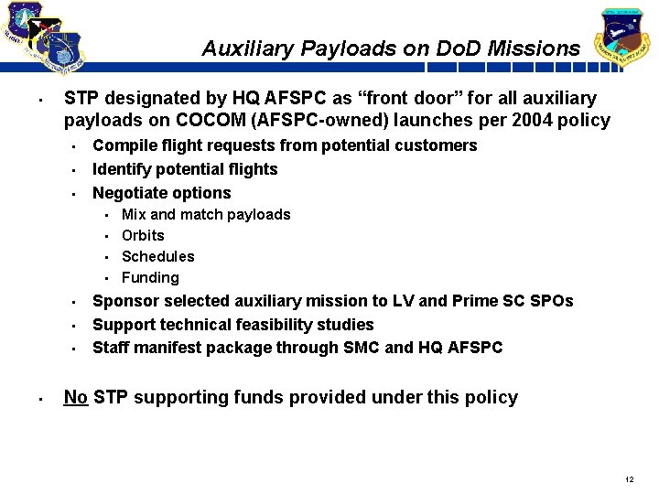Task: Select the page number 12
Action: pyautogui.click(x=629, y=479)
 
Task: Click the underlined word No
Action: pyautogui.click(x=75, y=397)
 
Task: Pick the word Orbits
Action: pyautogui.click(x=143, y=235)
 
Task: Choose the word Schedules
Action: pyautogui.click(x=157, y=256)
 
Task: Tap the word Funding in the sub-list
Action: pyautogui.click(x=150, y=277)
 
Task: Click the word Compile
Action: pyautogui.click(x=122, y=145)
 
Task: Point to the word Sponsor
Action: pyautogui.click(x=124, y=301)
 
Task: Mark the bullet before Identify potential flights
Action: pyautogui.click(x=73, y=170)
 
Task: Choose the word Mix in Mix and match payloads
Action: pyautogui.click(x=134, y=214)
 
